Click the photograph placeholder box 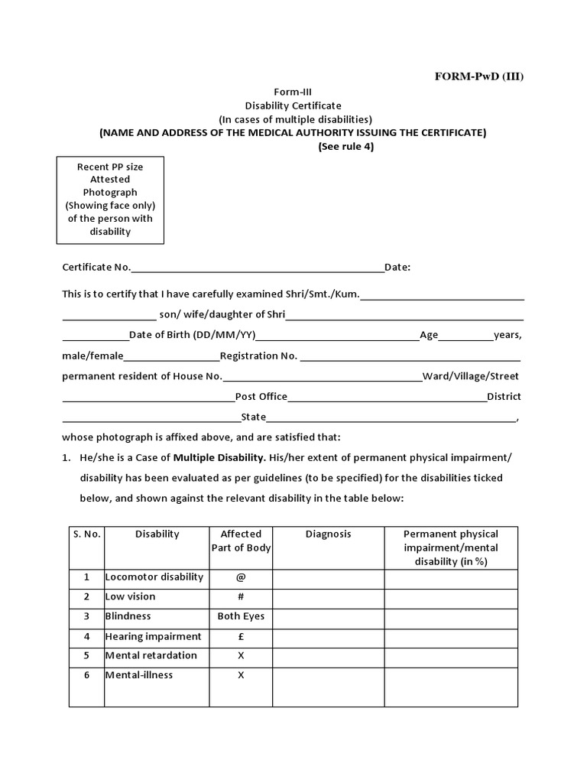(x=109, y=200)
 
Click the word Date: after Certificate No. (x=397, y=268)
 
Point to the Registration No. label (x=258, y=356)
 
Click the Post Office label (x=261, y=396)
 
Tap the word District (x=504, y=396)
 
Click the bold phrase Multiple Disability (x=219, y=458)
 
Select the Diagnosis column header (x=328, y=534)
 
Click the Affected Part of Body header (x=241, y=541)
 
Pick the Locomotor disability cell (x=154, y=577)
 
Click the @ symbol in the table (x=241, y=577)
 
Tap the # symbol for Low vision (x=241, y=596)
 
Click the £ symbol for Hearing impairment (x=241, y=636)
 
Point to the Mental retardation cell (x=151, y=655)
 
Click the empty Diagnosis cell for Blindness (x=328, y=616)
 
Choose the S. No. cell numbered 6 (x=87, y=675)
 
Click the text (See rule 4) (x=345, y=147)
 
